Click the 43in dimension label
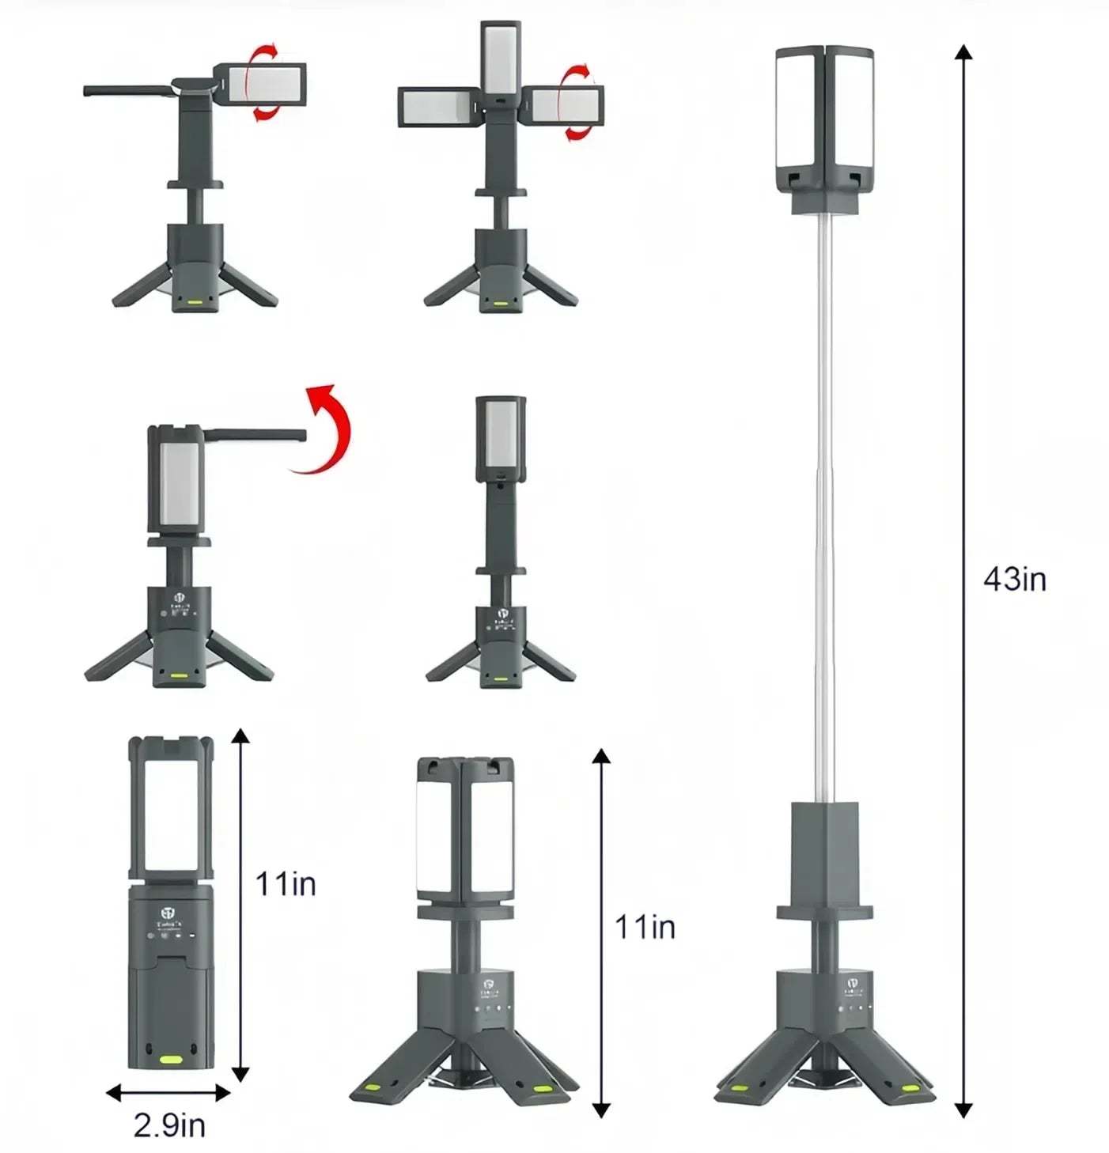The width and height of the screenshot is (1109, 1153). coord(1014,580)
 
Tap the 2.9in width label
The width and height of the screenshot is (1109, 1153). coord(169,1125)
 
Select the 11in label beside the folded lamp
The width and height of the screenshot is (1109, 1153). coord(285,883)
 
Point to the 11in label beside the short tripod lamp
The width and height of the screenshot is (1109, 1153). coord(645,927)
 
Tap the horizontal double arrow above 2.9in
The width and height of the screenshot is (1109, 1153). coord(168,1093)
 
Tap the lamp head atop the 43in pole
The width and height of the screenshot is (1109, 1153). coord(825,127)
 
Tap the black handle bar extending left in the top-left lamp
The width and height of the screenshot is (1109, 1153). coord(127,91)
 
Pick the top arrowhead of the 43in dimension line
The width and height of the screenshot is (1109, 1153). coord(963,54)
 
